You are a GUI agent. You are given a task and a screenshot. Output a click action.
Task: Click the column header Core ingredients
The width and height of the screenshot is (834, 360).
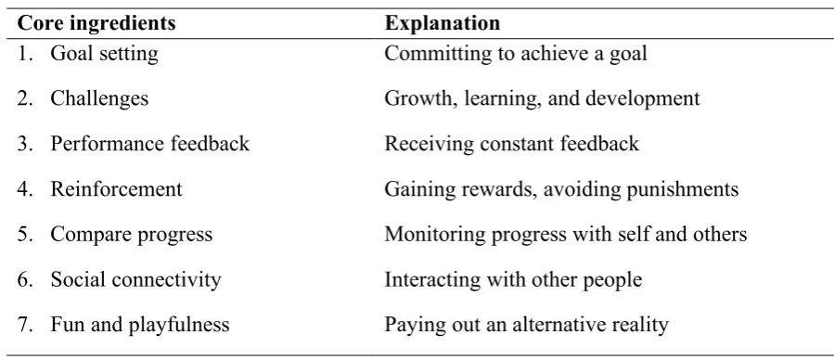96,23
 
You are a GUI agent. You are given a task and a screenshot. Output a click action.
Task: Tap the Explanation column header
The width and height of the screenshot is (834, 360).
442,23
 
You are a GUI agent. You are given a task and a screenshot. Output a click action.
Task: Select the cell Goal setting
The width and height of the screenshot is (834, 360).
104,54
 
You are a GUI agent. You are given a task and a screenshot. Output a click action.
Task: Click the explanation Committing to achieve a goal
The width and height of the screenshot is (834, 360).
516,54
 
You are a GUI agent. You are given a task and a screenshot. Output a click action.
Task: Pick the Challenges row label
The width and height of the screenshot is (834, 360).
99,99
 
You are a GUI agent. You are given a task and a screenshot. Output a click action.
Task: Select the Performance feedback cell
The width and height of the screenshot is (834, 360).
150,144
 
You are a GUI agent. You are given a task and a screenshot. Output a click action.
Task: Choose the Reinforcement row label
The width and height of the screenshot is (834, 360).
117,189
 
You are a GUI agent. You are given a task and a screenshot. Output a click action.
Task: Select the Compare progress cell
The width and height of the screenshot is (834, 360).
132,235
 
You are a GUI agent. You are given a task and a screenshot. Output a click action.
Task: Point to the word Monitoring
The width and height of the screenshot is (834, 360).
435,235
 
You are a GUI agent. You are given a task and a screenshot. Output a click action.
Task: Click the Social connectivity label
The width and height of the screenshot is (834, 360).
135,280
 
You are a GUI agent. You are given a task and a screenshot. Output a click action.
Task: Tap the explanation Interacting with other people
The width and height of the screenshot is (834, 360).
513,280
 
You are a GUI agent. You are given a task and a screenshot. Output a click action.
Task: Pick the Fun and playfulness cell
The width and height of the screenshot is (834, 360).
140,326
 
